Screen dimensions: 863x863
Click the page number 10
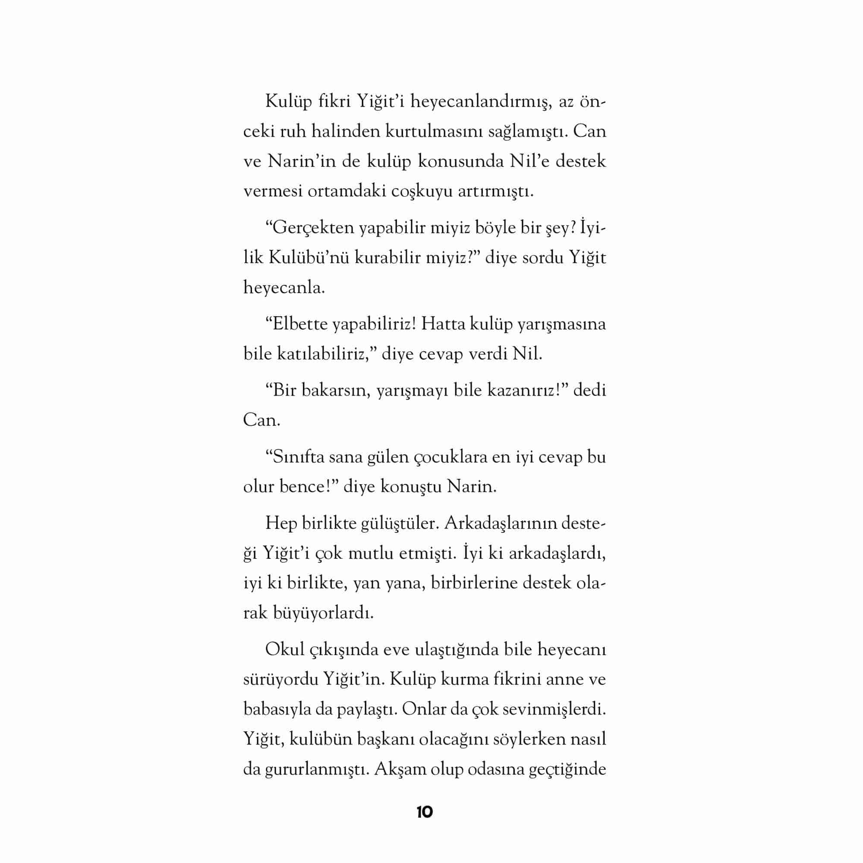tap(424, 812)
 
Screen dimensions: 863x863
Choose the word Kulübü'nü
tap(309, 258)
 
